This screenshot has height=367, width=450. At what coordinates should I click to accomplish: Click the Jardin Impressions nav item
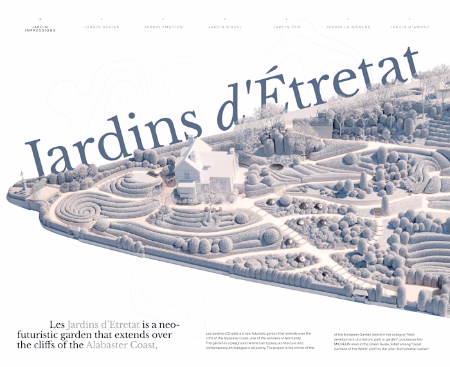point(40,28)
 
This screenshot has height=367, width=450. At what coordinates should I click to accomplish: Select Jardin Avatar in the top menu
point(102,27)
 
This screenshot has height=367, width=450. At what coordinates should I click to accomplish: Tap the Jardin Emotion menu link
point(163,27)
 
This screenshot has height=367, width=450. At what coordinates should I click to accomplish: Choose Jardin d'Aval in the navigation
point(225,27)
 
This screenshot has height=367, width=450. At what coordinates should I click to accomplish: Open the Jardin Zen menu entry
point(286,27)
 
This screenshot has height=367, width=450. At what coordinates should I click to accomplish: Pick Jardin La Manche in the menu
point(348,27)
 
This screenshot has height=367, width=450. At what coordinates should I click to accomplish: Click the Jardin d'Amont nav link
point(410,27)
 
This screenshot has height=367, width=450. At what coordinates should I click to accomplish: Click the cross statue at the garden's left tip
point(22,176)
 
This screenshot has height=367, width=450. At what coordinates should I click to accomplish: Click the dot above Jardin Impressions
point(40,19)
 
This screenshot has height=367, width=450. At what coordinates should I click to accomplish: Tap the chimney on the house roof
point(190,139)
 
